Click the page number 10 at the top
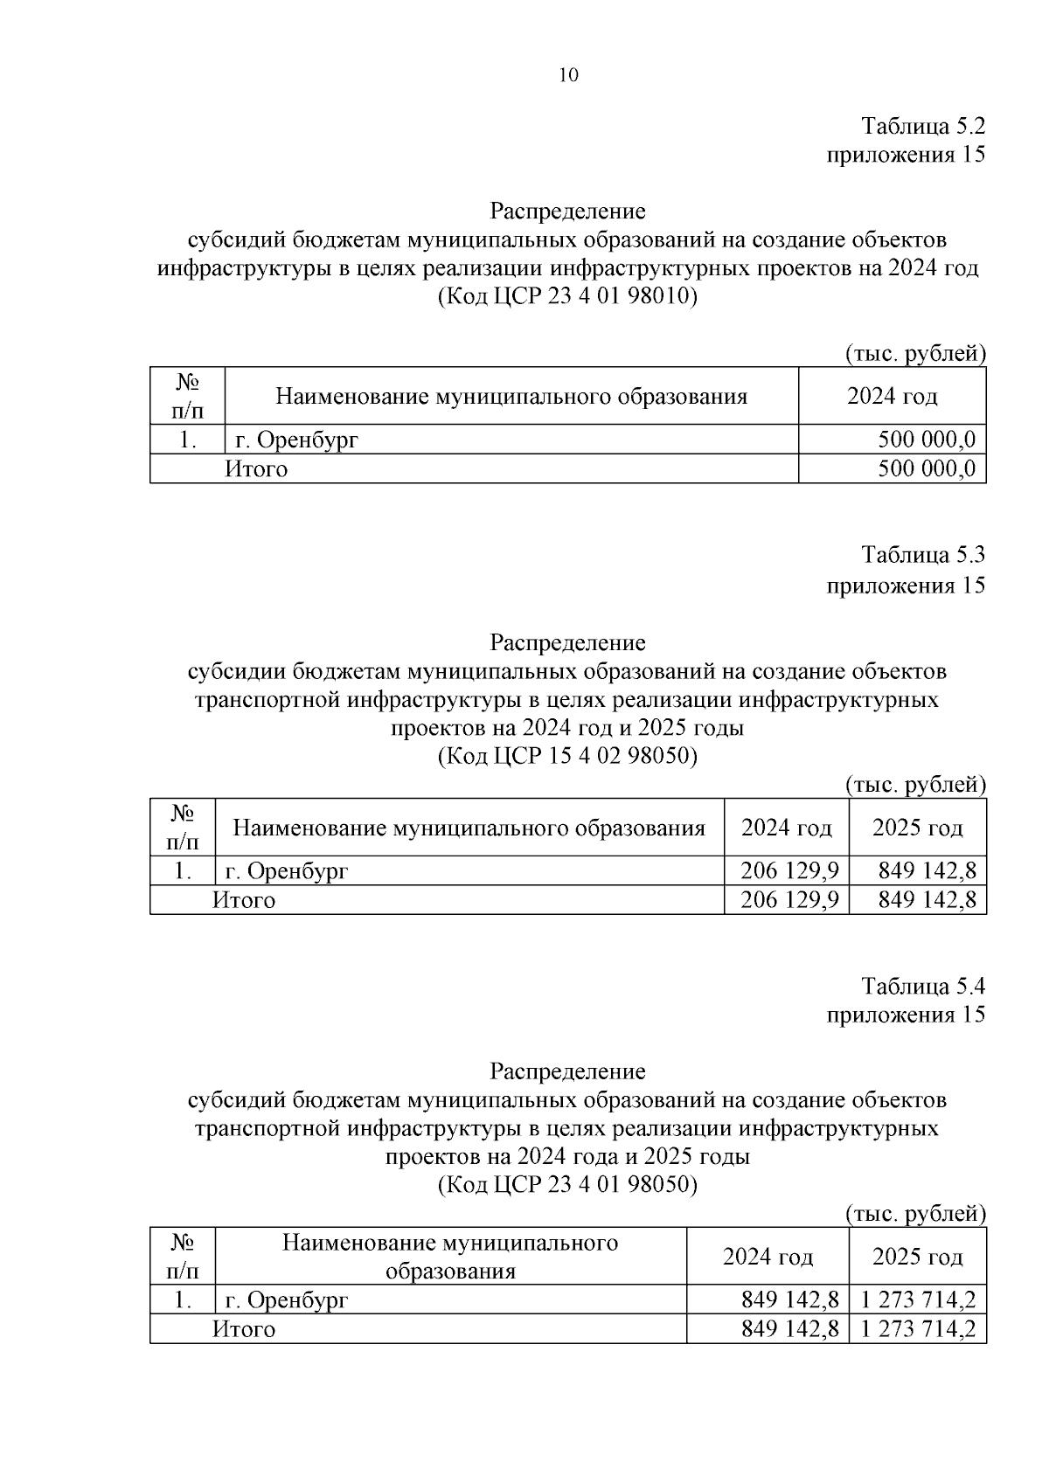(x=567, y=76)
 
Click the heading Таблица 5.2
(x=923, y=126)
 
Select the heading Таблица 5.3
(x=923, y=555)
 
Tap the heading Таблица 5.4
(x=923, y=986)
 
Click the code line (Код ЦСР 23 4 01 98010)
(x=567, y=296)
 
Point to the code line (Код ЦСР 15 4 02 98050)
(x=567, y=755)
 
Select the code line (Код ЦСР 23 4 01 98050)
(x=567, y=1184)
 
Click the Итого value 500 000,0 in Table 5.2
(x=926, y=469)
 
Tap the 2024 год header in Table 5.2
(x=892, y=396)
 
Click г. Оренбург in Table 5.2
(x=292, y=440)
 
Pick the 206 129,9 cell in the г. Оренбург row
(x=789, y=870)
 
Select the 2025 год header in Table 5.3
(x=917, y=827)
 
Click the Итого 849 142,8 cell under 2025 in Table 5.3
(x=926, y=900)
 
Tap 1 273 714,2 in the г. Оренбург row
(x=917, y=1299)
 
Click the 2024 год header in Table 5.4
(x=767, y=1257)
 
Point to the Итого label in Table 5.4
(x=244, y=1329)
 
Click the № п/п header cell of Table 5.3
(x=182, y=827)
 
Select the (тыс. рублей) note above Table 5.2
(x=914, y=354)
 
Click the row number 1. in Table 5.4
(x=182, y=1299)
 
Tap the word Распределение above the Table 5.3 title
(x=567, y=642)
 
